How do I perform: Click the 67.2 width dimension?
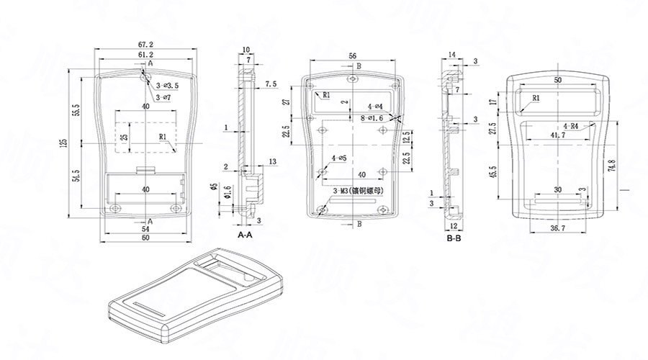[146, 45]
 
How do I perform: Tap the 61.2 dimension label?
[146, 55]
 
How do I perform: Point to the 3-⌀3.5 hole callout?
[168, 86]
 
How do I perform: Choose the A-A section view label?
[245, 235]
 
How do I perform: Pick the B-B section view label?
[454, 238]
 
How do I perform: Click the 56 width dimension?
[352, 55]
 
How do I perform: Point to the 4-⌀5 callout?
[338, 158]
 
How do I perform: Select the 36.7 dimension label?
[559, 228]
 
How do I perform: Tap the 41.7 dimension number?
[558, 135]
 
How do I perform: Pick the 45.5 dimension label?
[493, 174]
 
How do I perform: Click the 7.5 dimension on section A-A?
[271, 84]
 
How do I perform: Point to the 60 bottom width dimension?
[146, 237]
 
